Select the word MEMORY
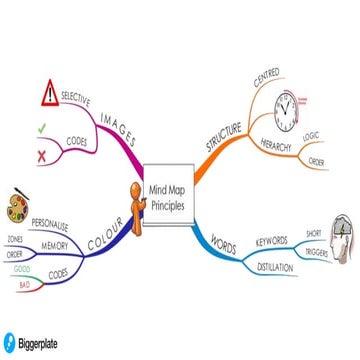click(55, 246)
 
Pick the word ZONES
click(15, 240)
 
